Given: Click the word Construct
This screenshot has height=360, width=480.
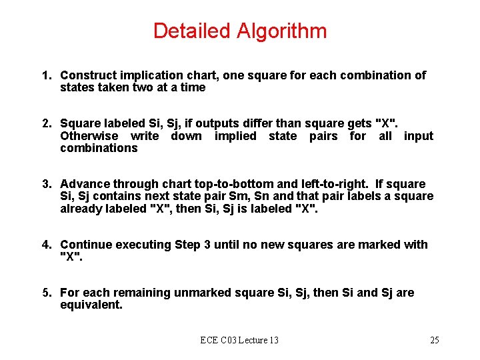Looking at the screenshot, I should click(88, 75).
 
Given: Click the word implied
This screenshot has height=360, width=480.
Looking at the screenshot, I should click(235, 136).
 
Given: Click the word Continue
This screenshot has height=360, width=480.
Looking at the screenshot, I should click(86, 245).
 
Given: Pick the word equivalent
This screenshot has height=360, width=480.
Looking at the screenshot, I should click(91, 305).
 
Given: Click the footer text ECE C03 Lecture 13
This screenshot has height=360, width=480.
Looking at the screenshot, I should click(239, 341).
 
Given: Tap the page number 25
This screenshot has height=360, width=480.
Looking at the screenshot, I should click(434, 341).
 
